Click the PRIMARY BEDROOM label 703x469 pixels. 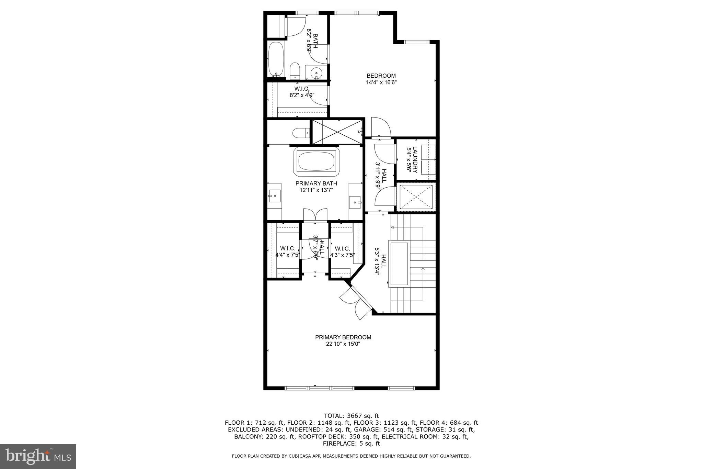343,337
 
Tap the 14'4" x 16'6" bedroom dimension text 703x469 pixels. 381,82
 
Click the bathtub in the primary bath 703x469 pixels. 316,161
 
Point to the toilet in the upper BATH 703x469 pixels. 295,71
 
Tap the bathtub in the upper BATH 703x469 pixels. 275,58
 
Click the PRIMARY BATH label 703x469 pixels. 316,183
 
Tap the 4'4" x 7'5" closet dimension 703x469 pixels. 288,255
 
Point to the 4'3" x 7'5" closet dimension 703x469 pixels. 342,255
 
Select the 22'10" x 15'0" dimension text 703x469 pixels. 343,344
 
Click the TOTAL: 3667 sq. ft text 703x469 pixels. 351,416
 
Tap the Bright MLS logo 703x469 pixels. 38,456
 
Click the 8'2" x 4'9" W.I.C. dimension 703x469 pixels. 302,95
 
